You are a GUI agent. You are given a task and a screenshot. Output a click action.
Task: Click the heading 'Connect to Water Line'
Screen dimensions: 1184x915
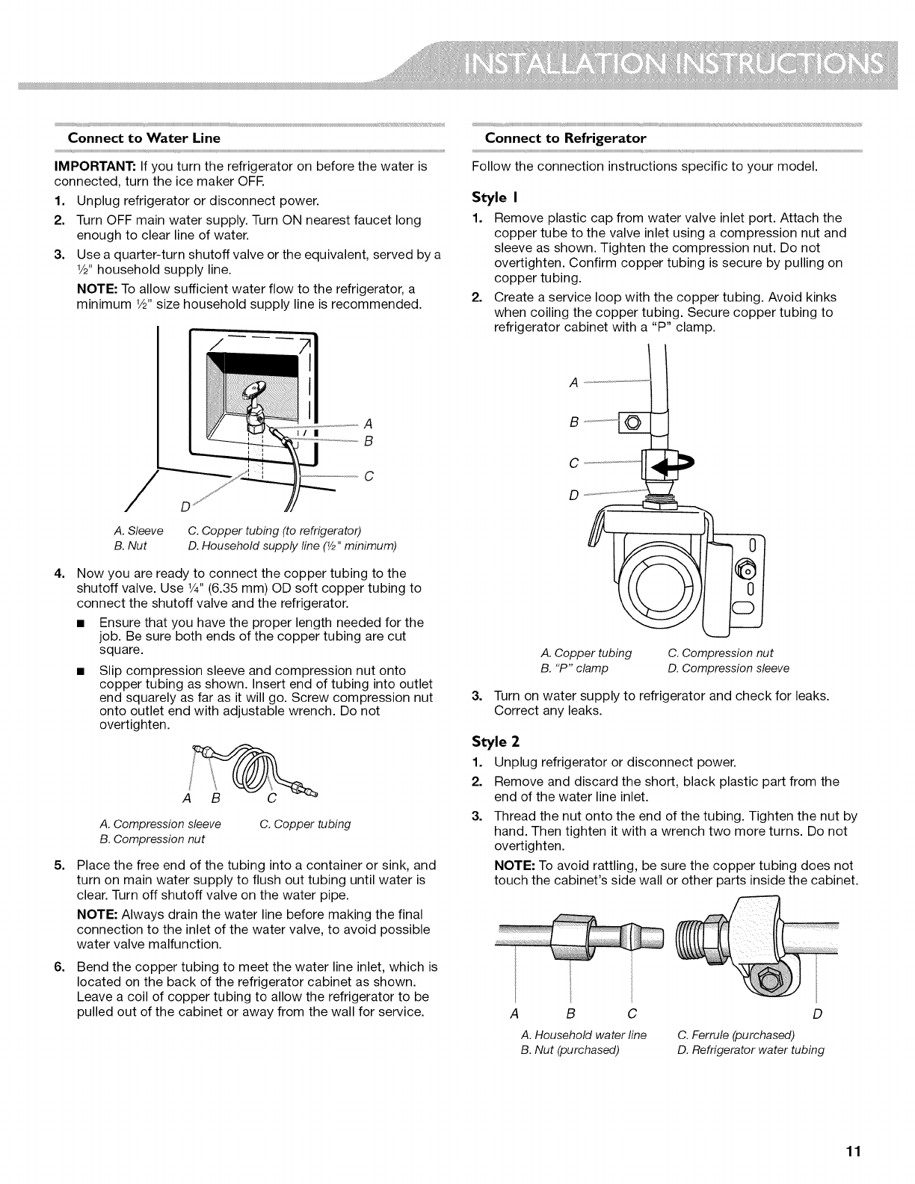pos(144,138)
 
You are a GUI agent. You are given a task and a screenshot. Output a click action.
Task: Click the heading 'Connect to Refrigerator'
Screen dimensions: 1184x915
pos(565,138)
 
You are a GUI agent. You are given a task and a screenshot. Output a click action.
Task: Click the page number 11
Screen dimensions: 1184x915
pos(854,1152)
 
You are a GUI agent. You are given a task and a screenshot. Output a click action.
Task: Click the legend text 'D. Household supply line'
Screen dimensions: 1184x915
pos(292,545)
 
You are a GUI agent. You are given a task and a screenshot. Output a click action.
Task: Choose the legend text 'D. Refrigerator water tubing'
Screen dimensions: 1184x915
pos(750,1050)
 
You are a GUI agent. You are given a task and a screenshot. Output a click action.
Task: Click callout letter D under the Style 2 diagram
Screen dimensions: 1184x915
pos(817,1014)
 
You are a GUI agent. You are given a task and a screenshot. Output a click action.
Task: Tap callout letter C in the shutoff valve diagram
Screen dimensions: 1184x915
pos(368,476)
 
